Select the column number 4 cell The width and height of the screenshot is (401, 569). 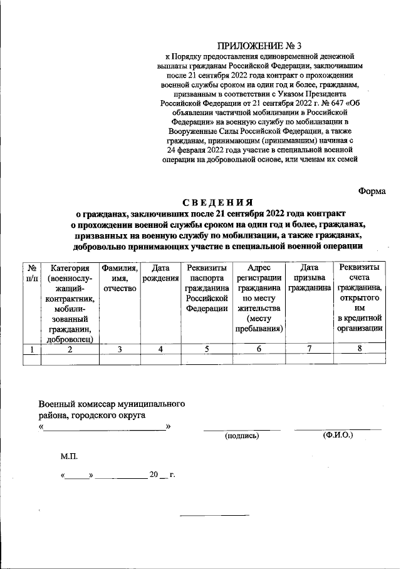click(x=160, y=350)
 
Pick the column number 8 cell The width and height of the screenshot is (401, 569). click(x=359, y=350)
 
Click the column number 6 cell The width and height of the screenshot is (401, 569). click(x=259, y=350)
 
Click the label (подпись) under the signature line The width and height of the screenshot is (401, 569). click(x=242, y=436)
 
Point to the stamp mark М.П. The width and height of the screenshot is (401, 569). click(x=68, y=458)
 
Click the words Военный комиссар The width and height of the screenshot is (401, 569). click(x=77, y=404)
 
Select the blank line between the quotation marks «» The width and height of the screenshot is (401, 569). click(x=105, y=428)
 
